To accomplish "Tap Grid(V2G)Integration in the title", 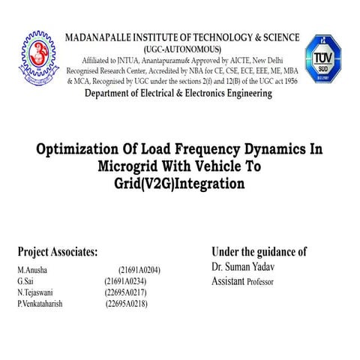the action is tap(179, 181).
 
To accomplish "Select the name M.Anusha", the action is tap(34, 269).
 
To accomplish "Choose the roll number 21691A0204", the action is tap(139, 269).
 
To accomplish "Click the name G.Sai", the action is tap(26, 280).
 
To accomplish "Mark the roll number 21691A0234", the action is tap(125, 280).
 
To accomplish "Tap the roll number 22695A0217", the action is tap(125, 292).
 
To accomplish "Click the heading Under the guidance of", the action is tap(259, 252).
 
